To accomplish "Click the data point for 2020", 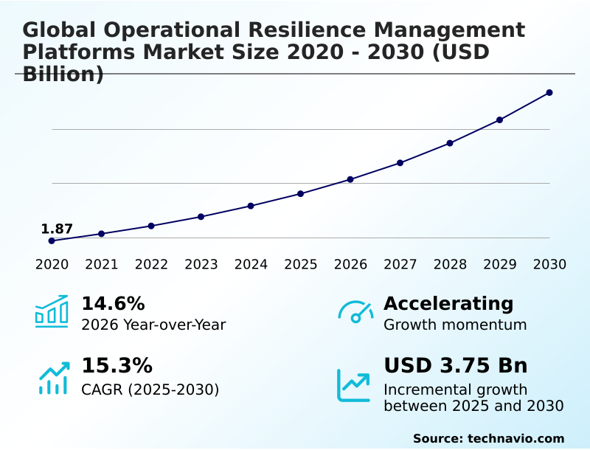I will coord(52,240).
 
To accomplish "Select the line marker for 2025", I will coord(301,193).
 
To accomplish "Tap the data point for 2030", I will coord(549,92).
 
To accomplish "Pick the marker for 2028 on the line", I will coord(450,143).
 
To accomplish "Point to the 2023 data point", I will coord(201,217).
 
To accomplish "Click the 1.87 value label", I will coord(57,229).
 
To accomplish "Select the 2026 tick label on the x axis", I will coord(350,264).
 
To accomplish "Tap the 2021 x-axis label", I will coord(102,264).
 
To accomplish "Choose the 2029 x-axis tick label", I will coord(499,264).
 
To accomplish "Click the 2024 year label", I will coord(251,264).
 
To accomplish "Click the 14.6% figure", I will coord(113,303).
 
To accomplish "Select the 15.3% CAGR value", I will coord(117,365).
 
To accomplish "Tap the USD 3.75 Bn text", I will coord(456,365).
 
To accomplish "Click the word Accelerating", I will coord(448,303).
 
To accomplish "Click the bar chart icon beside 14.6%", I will coord(52,312).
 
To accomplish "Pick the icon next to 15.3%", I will coord(53,378).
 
